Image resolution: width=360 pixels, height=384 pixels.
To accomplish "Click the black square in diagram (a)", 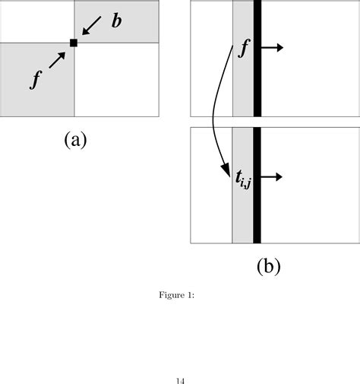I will coord(74,43).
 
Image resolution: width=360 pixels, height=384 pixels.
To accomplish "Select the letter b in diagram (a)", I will coord(116,21).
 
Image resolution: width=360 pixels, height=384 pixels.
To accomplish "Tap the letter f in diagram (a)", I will coord(35,79).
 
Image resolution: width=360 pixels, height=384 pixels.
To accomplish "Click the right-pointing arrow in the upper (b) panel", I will coord(272,48).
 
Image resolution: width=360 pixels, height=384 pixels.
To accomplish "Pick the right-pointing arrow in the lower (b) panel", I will coord(272,177).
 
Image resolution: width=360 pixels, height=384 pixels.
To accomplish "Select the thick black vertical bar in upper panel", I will coord(257,59).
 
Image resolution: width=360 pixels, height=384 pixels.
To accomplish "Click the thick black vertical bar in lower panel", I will coord(257,185).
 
